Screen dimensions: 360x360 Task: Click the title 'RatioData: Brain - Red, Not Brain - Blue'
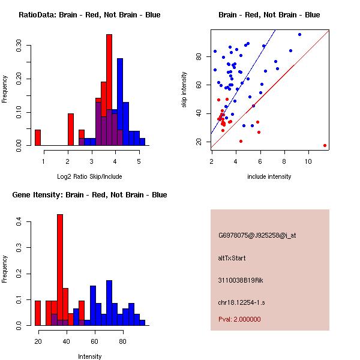(x=89, y=15)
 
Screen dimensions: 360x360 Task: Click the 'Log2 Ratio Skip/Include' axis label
(x=89, y=176)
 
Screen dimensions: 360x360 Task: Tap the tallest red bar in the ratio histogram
(x=109, y=90)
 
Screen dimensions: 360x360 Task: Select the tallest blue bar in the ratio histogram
(x=120, y=102)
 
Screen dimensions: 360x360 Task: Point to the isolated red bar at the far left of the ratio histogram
(x=38, y=137)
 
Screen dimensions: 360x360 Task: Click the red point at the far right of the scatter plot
(x=325, y=145)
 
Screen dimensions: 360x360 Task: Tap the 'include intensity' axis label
(x=269, y=176)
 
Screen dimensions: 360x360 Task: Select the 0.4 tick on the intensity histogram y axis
(x=19, y=222)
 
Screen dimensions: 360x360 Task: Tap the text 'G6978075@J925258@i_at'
(x=257, y=235)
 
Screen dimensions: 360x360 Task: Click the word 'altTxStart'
(x=232, y=258)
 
